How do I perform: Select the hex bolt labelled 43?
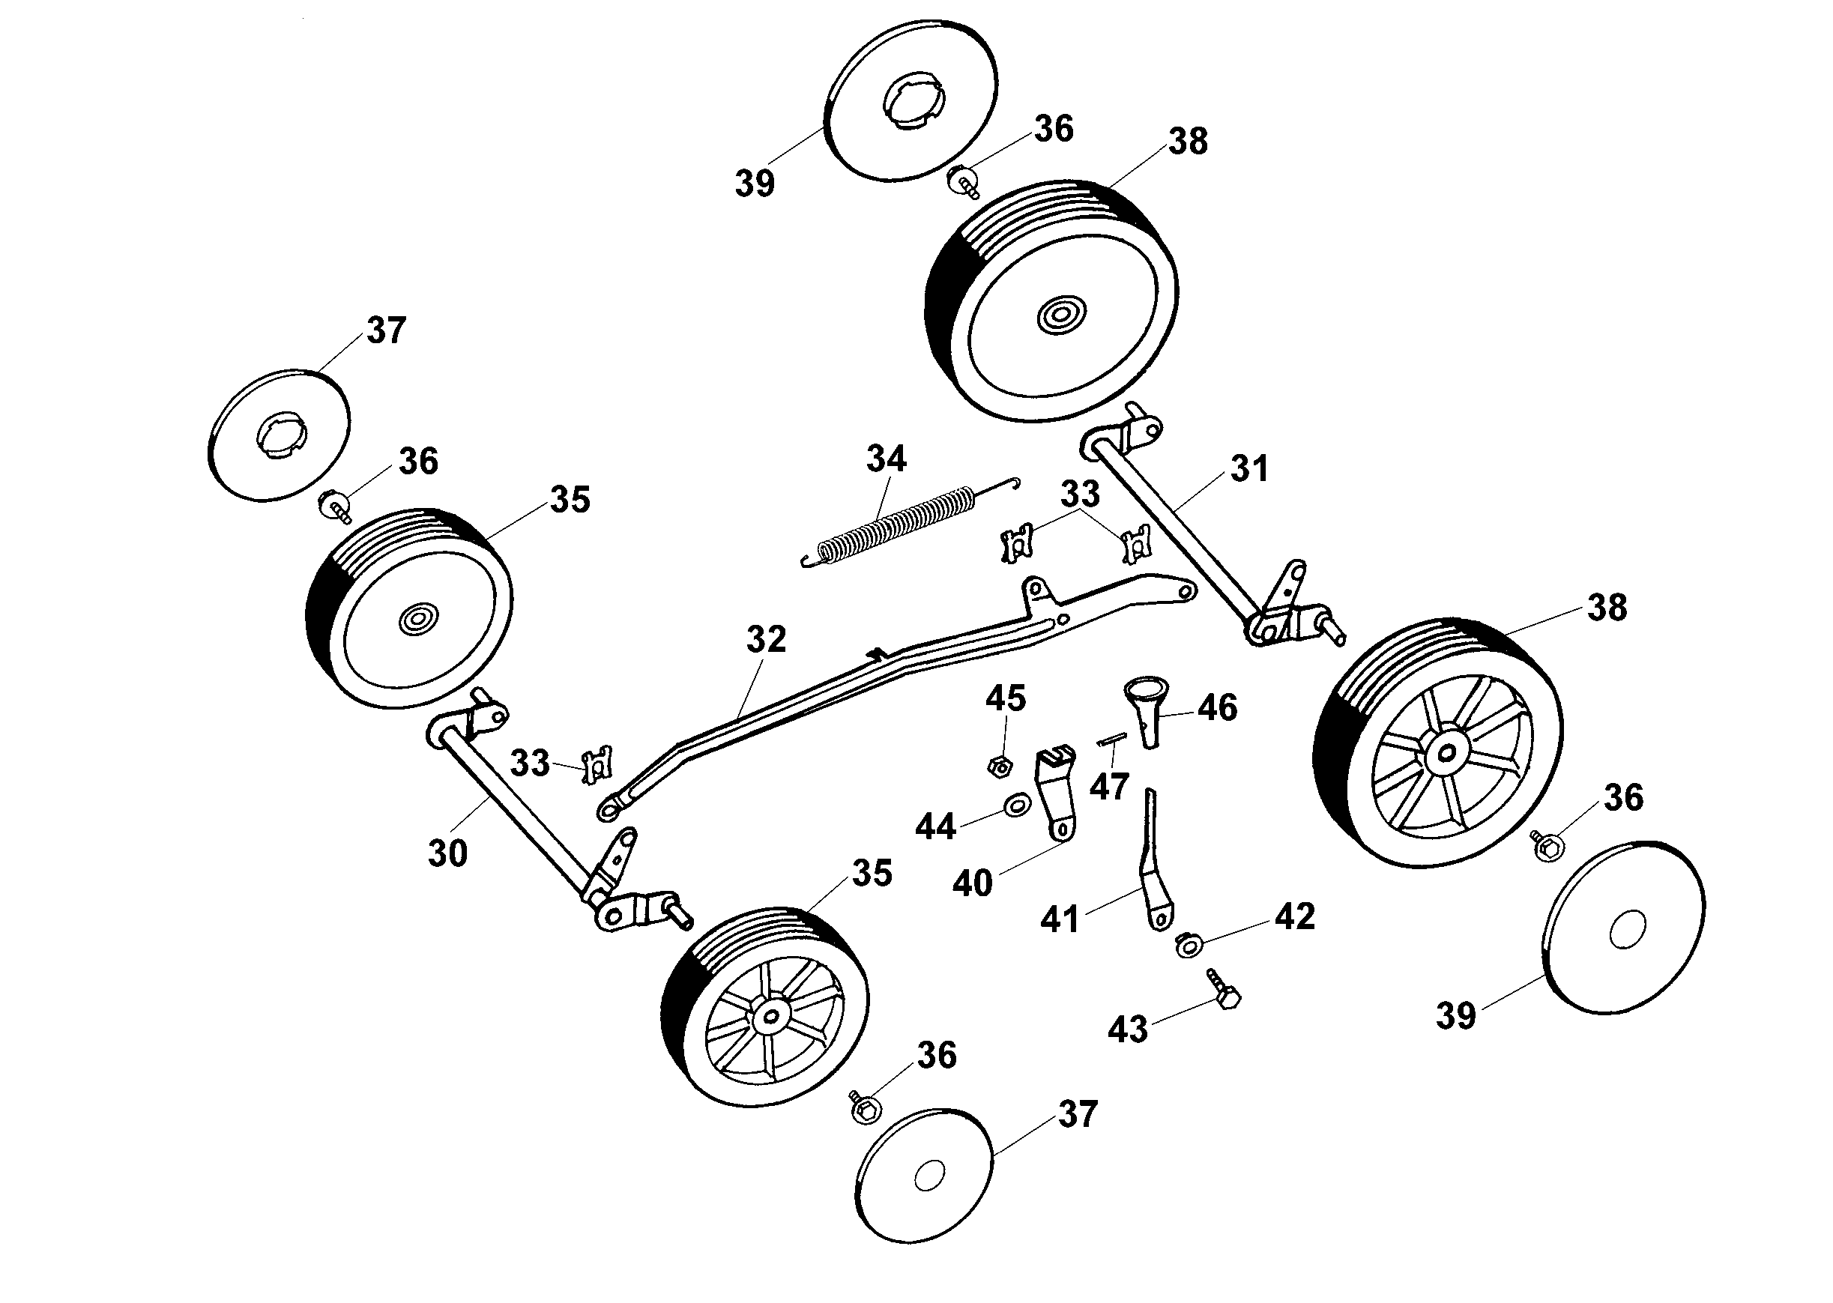[x=1223, y=990]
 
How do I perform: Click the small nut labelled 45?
[x=999, y=767]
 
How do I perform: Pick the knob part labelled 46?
[x=1146, y=711]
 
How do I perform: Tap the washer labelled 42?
[x=1188, y=944]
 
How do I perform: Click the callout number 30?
[x=447, y=853]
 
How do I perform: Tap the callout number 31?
[x=1248, y=468]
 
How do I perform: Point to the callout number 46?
[x=1218, y=707]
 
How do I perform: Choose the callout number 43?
[x=1128, y=1030]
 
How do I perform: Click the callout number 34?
[x=886, y=459]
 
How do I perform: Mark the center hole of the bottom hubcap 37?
[x=928, y=1178]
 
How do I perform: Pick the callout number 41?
[x=1060, y=919]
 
